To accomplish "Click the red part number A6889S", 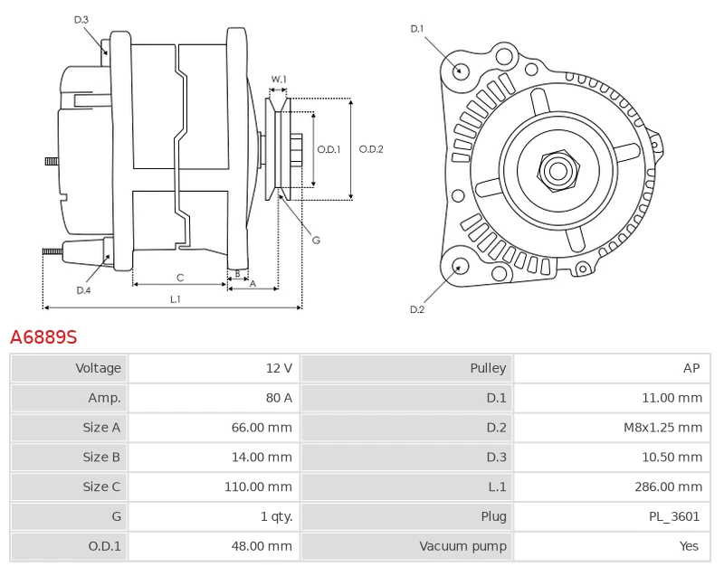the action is coord(43,337).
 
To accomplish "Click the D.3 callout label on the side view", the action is coord(81,20).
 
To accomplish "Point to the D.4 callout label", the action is coord(83,290).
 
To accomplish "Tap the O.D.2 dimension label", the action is coord(371,149).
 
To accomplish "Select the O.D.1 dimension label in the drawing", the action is coord(329,149).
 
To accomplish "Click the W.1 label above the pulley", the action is coord(279,79).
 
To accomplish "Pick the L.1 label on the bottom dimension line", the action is coord(175,299).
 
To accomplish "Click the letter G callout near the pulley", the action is coord(316,240).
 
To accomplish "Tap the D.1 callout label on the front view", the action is coord(417,29).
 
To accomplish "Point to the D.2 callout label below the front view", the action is coord(417,309).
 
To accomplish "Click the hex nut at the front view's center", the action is coord(558,171).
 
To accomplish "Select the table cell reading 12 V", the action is coord(214,368).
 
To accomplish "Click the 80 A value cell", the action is coord(214,398).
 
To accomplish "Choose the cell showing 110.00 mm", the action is coord(214,487).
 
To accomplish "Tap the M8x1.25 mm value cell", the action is coord(612,428).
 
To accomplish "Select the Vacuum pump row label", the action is coord(462,546).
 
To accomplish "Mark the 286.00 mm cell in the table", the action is coord(612,487).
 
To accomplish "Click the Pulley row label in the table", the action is coord(488,368).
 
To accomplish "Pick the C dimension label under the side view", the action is coord(180,278).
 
